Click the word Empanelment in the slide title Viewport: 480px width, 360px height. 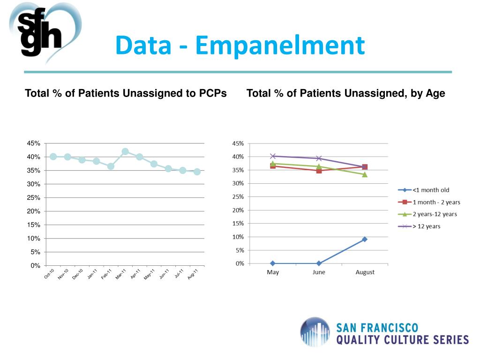pos(280,45)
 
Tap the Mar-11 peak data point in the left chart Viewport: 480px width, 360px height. pos(125,151)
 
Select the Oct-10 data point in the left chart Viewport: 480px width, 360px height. pos(53,157)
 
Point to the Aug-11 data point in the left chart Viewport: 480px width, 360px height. pos(197,172)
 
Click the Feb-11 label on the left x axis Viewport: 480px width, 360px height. pos(106,274)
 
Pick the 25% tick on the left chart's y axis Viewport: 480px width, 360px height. pos(34,198)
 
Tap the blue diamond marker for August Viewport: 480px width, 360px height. pos(365,239)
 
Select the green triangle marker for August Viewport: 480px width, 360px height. pos(365,174)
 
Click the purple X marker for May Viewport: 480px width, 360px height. pos(273,156)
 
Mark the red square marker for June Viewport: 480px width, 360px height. pos(319,171)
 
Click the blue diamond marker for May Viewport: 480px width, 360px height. pos(273,263)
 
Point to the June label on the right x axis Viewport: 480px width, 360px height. pos(319,272)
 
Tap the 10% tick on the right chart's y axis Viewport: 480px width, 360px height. pos(239,237)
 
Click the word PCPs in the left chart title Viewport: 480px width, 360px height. pos(212,93)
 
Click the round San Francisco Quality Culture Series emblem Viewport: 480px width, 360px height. pos(315,332)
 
